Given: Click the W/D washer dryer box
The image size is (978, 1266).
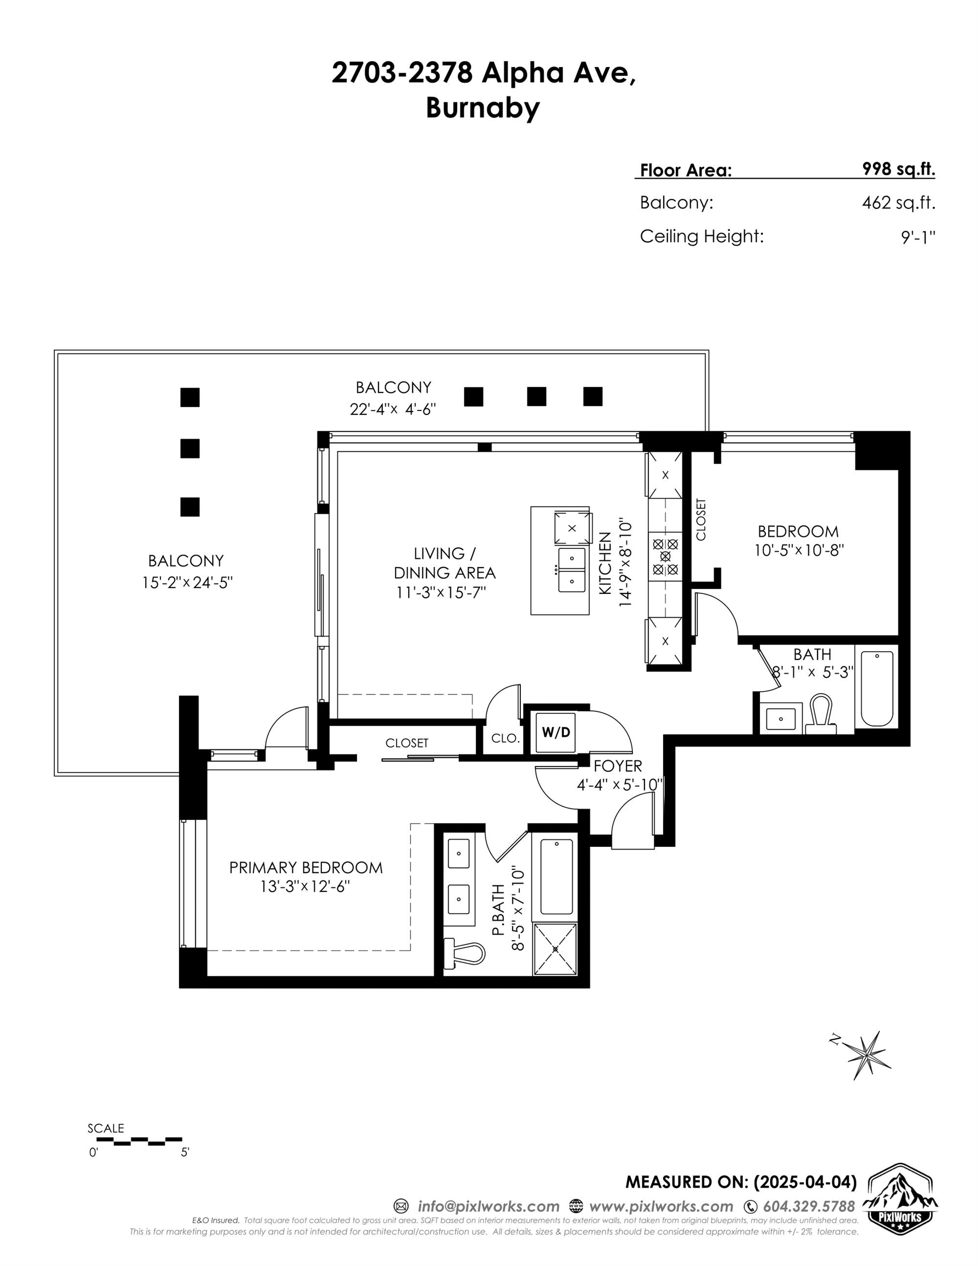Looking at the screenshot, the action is click(555, 732).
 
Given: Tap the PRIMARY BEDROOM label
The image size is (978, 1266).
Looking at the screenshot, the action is click(305, 867).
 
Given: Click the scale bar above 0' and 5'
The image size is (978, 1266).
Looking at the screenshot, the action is click(139, 1140).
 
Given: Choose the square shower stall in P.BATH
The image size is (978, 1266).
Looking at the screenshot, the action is click(555, 949).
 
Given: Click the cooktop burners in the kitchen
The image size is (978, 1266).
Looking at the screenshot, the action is click(665, 557).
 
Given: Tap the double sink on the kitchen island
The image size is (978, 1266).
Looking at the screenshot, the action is click(571, 569).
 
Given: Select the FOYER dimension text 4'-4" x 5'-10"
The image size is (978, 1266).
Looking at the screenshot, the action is click(619, 785).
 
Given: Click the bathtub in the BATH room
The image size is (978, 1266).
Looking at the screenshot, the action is click(876, 688).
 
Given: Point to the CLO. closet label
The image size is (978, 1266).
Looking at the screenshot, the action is click(504, 738).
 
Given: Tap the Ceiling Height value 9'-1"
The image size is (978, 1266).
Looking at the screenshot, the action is click(918, 236).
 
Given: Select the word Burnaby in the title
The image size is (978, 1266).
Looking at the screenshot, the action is click(483, 108).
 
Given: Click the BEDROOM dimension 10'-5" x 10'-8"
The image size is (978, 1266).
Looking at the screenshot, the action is click(798, 549).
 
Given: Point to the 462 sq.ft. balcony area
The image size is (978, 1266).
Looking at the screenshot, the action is click(898, 203).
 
